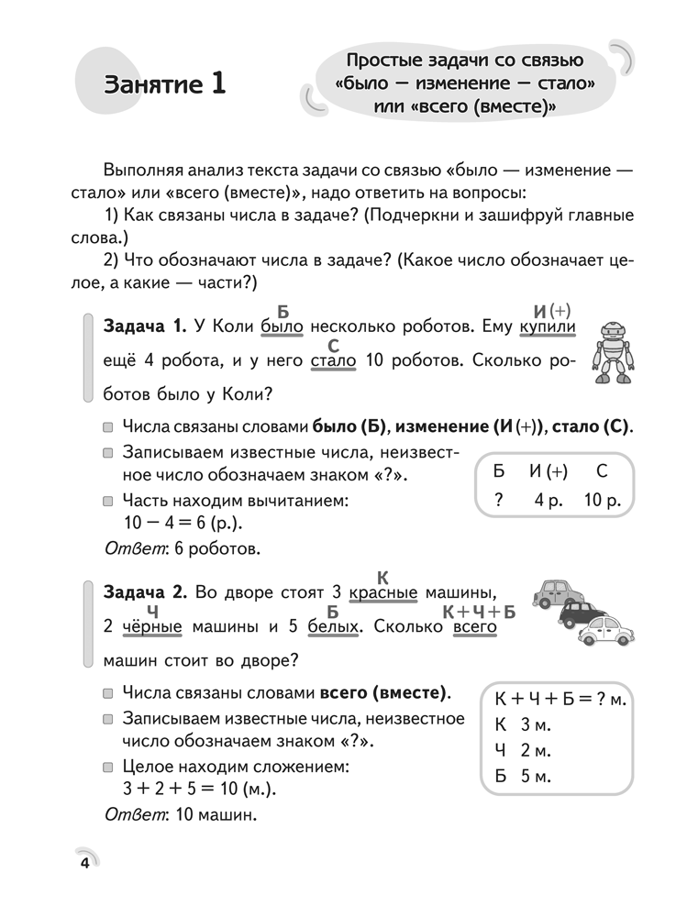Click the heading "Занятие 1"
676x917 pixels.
click(165, 84)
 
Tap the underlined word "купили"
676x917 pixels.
click(548, 326)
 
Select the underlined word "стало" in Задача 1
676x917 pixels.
click(333, 360)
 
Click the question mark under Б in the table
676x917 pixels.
click(499, 501)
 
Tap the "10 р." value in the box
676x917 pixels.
click(602, 501)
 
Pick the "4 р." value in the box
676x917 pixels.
click(551, 501)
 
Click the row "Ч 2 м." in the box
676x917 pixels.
click(522, 751)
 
